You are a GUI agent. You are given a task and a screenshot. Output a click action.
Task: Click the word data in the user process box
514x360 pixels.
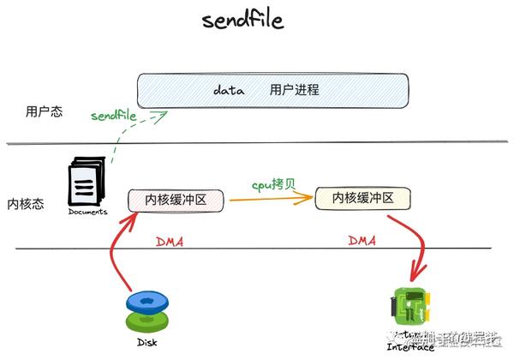tap(229, 89)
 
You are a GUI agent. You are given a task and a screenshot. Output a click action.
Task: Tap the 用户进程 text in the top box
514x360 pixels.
tap(294, 89)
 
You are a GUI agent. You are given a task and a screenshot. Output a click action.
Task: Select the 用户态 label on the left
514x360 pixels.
tap(44, 111)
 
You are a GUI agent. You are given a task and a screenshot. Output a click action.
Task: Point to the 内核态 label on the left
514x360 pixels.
tap(25, 204)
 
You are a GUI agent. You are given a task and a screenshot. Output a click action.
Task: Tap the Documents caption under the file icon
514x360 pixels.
tap(87, 212)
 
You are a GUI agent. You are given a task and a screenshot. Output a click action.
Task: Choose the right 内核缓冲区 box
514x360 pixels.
tap(363, 199)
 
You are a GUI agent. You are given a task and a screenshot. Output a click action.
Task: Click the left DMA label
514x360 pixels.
tap(169, 242)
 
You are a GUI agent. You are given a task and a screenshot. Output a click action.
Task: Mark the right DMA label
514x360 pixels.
tap(362, 241)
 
